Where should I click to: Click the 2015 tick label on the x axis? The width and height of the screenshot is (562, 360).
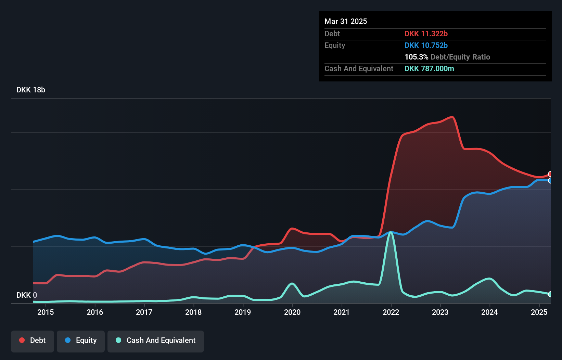tap(46, 312)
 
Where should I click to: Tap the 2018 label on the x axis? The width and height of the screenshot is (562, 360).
tap(193, 312)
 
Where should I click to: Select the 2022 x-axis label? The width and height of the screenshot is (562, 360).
tap(391, 312)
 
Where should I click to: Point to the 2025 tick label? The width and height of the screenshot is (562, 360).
tap(539, 312)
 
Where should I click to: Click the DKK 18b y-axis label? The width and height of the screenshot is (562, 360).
tap(31, 90)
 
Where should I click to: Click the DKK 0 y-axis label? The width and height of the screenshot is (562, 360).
tap(27, 295)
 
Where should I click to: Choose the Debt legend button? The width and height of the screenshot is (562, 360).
tap(33, 340)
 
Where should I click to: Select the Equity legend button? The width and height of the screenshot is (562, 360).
tap(81, 340)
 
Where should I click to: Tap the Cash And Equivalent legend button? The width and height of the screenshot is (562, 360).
tap(156, 340)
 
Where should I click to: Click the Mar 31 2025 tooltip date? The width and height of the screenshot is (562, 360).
tap(346, 21)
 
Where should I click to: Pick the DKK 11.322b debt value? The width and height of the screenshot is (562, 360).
tap(426, 34)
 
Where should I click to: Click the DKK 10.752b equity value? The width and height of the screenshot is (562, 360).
tap(426, 45)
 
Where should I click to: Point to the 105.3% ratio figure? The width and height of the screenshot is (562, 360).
tap(416, 57)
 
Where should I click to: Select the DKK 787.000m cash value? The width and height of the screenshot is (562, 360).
tap(429, 68)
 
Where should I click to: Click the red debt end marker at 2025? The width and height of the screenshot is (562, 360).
tap(550, 174)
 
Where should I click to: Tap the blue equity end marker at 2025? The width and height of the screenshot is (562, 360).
tap(550, 180)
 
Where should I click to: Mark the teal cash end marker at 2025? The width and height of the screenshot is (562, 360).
tap(550, 294)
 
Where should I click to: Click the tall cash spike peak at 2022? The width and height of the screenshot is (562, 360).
tap(391, 232)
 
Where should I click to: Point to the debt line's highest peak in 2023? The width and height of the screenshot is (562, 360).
tap(452, 117)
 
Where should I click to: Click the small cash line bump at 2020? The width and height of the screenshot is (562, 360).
tap(292, 283)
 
